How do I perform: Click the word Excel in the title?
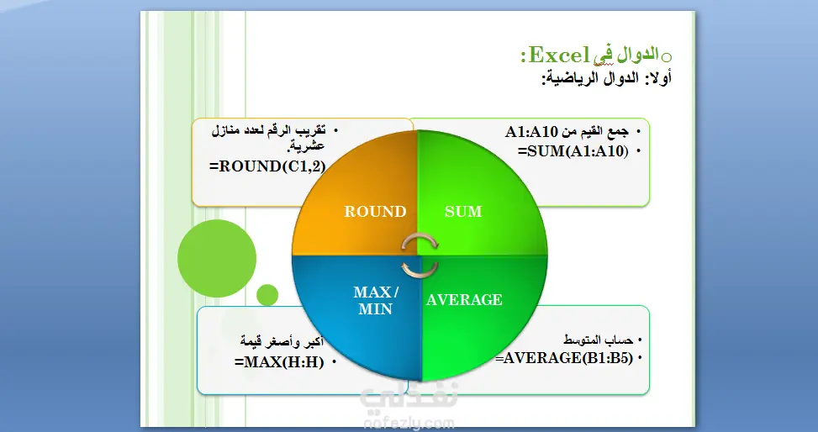pos(559,55)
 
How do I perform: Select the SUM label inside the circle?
pos(463,211)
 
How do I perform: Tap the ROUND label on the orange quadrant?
pos(375,211)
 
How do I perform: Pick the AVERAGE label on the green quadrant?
pos(464,299)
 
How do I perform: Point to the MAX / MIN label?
pos(376,301)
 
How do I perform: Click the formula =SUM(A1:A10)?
pos(573,150)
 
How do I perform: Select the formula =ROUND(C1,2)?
pos(267,166)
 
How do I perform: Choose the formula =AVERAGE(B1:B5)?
pos(564,358)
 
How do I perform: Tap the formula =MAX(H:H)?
pos(279,362)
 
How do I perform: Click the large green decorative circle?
pos(217,258)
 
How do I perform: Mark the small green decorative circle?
pos(267,295)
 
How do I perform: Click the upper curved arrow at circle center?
pos(420,241)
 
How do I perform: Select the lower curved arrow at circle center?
pos(420,269)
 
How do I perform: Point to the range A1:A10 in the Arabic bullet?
pos(531,132)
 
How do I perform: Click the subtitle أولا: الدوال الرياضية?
pos(606,79)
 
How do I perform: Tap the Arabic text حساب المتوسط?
pos(599,340)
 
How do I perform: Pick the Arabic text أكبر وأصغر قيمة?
pos(282,342)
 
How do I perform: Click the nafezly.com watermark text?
pos(409,422)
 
